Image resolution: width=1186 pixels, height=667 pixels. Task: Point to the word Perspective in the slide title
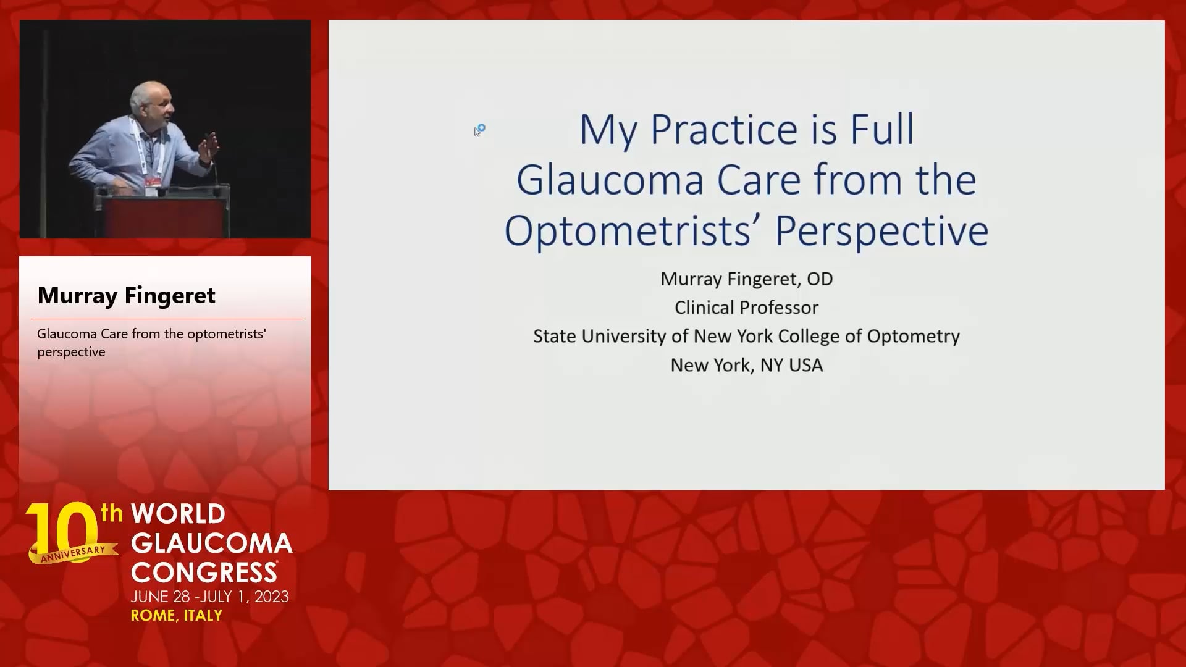[882, 231]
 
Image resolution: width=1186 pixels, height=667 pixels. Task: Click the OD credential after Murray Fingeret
[820, 279]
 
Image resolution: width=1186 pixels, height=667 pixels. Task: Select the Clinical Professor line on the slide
[746, 308]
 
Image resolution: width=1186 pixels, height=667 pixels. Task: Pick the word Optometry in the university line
[914, 337]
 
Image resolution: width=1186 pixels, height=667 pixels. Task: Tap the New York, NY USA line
[747, 366]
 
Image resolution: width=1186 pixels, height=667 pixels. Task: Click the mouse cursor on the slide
[479, 130]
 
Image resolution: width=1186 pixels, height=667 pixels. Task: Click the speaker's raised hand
[211, 146]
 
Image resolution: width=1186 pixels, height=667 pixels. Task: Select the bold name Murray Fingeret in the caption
[127, 295]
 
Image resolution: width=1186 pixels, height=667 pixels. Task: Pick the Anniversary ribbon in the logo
[74, 552]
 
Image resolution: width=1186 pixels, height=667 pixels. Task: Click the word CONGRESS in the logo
[204, 572]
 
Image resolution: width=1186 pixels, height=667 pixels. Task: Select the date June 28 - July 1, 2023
[210, 597]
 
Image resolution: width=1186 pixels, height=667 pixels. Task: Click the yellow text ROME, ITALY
[177, 616]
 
